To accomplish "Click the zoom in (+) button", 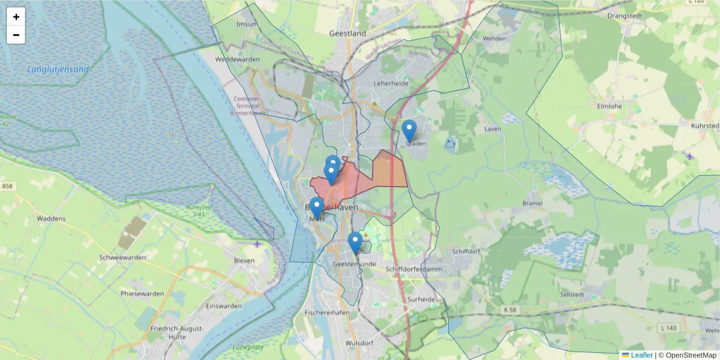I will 16,17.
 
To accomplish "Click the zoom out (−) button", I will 16,35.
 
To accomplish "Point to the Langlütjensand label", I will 58,70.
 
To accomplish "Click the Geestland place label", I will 347,34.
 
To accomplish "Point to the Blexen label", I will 244,261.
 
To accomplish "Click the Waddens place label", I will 51,218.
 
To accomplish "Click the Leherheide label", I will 391,83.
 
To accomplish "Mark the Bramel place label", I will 532,203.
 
